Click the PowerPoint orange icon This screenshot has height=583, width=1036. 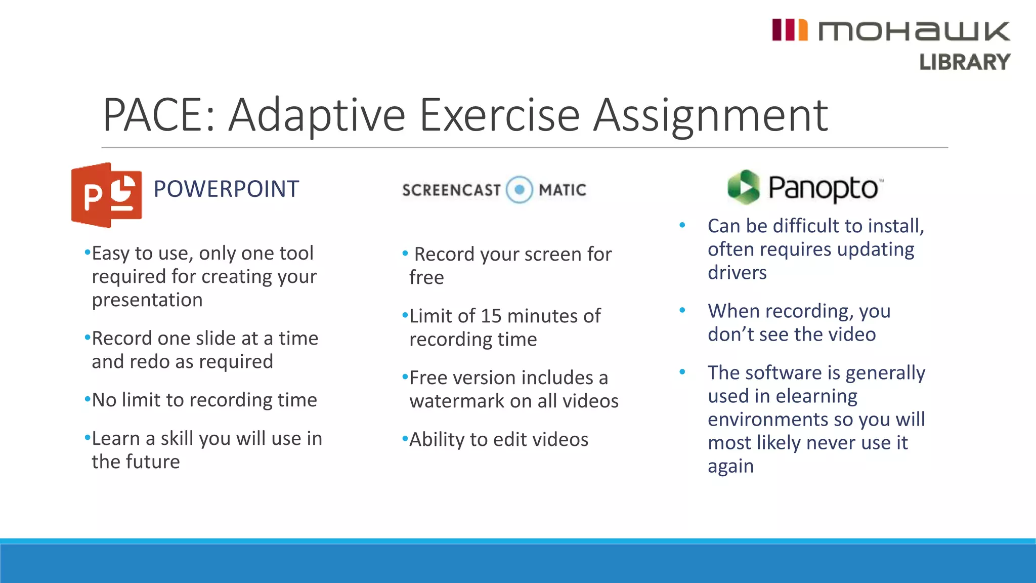106,195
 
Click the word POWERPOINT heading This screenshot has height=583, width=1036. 226,189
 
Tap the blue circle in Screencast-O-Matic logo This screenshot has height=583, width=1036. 520,190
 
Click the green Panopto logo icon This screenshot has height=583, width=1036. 744,187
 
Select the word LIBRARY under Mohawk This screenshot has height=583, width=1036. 964,62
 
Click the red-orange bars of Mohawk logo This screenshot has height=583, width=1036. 789,30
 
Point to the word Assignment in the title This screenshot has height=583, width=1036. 710,115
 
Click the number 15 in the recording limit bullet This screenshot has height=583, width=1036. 491,316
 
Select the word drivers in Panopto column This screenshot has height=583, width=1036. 737,273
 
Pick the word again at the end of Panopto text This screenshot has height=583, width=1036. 730,466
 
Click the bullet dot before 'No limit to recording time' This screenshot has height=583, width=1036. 88,400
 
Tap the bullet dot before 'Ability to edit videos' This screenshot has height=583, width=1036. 405,439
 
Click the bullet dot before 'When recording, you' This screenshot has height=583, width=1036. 682,310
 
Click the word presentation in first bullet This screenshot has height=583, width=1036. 147,300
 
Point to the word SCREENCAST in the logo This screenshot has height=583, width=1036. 451,190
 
